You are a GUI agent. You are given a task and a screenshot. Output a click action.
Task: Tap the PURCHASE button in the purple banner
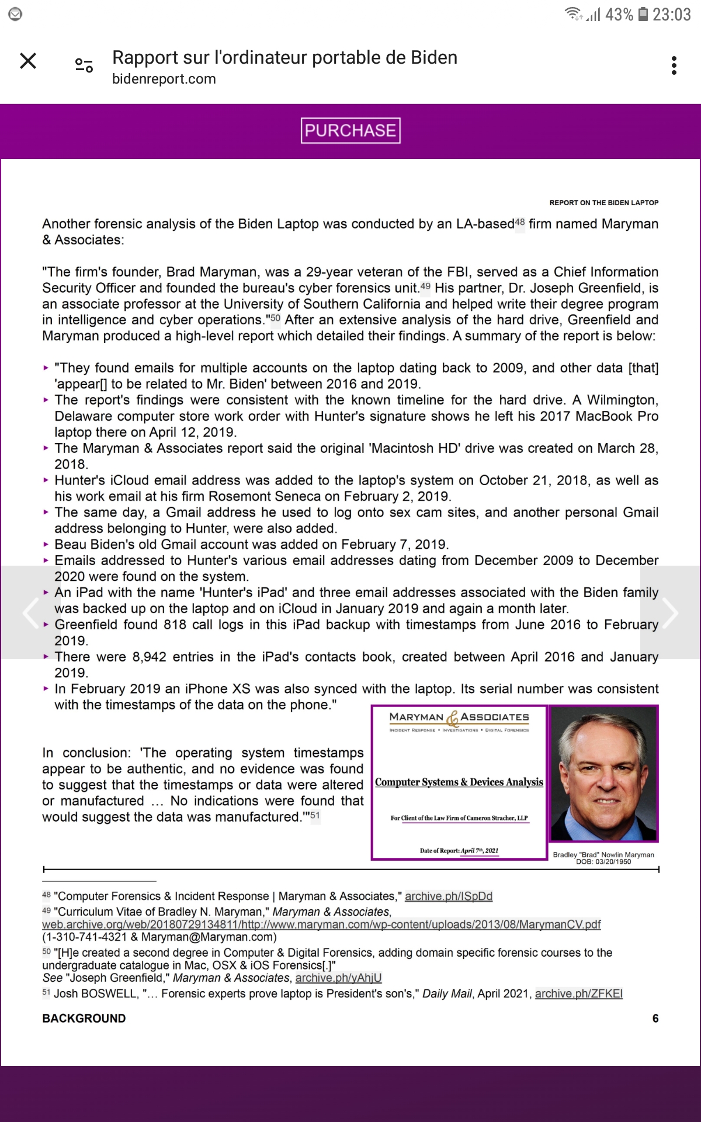click(350, 130)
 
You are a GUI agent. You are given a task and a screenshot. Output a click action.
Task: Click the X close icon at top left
click(28, 61)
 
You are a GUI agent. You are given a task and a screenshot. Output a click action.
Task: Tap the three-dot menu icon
click(674, 65)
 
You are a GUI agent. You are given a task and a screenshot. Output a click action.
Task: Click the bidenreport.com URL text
click(164, 79)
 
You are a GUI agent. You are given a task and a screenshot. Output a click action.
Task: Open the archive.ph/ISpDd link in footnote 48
click(448, 896)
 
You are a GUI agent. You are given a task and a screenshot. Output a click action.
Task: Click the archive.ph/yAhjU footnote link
click(338, 978)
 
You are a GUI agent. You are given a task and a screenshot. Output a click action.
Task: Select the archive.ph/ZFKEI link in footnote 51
click(578, 993)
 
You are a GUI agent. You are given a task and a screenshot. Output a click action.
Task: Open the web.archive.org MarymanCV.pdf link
click(321, 924)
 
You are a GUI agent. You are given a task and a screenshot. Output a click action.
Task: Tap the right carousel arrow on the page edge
click(670, 612)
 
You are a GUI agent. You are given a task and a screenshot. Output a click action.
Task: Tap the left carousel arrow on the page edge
click(30, 612)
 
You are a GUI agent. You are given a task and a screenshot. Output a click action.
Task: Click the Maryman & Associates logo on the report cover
click(459, 719)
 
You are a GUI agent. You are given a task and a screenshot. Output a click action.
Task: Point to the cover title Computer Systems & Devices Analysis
click(459, 782)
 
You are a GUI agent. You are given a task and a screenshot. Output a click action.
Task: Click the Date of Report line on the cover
click(459, 850)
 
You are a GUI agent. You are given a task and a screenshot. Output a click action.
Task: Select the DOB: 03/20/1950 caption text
click(603, 861)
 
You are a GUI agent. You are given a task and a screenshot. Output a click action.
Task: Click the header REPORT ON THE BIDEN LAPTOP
click(603, 203)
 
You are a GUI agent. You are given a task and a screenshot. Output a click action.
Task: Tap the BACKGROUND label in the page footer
click(84, 1018)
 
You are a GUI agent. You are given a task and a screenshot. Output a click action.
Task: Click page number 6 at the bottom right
click(655, 1018)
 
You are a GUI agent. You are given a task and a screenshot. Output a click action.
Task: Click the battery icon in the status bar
click(643, 14)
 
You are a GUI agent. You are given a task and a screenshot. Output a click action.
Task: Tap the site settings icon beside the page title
click(84, 65)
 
